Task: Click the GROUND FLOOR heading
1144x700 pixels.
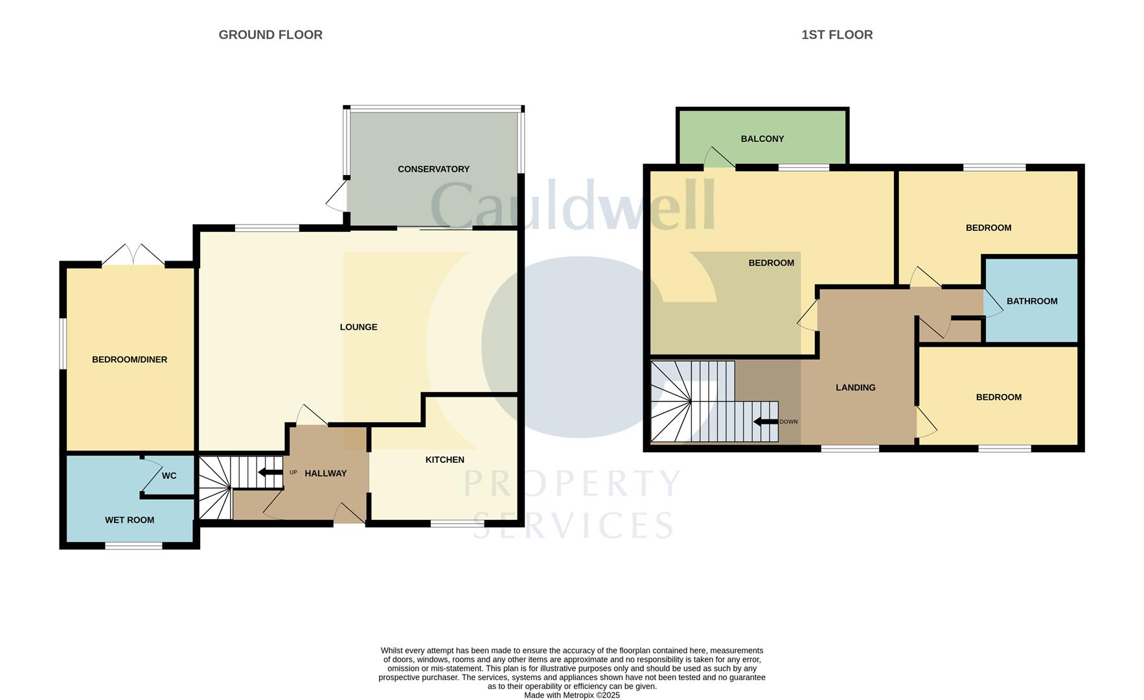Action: click(x=270, y=35)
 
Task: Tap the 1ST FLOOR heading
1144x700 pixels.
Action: click(x=836, y=35)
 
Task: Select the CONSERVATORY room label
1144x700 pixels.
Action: click(x=433, y=169)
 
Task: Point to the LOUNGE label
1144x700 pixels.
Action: click(x=358, y=327)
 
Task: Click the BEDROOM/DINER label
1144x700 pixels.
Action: click(x=130, y=360)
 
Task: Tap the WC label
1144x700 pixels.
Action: click(x=169, y=476)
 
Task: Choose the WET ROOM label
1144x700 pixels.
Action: click(x=130, y=520)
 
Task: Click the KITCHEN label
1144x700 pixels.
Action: click(x=444, y=460)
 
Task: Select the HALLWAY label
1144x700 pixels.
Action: click(x=325, y=474)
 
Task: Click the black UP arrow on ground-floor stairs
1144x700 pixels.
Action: click(x=270, y=472)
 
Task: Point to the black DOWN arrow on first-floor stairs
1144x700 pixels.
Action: click(x=765, y=422)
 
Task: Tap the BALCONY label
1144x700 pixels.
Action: click(x=762, y=139)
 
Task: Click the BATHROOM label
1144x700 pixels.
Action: click(x=1031, y=301)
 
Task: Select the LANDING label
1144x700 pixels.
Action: click(x=855, y=388)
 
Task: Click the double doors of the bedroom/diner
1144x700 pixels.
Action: click(x=133, y=255)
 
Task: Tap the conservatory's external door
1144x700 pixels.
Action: click(x=337, y=195)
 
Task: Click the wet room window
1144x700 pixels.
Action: click(x=133, y=546)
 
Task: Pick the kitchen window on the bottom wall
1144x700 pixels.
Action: click(x=456, y=523)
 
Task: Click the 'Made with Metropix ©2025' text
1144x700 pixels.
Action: click(x=571, y=695)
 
